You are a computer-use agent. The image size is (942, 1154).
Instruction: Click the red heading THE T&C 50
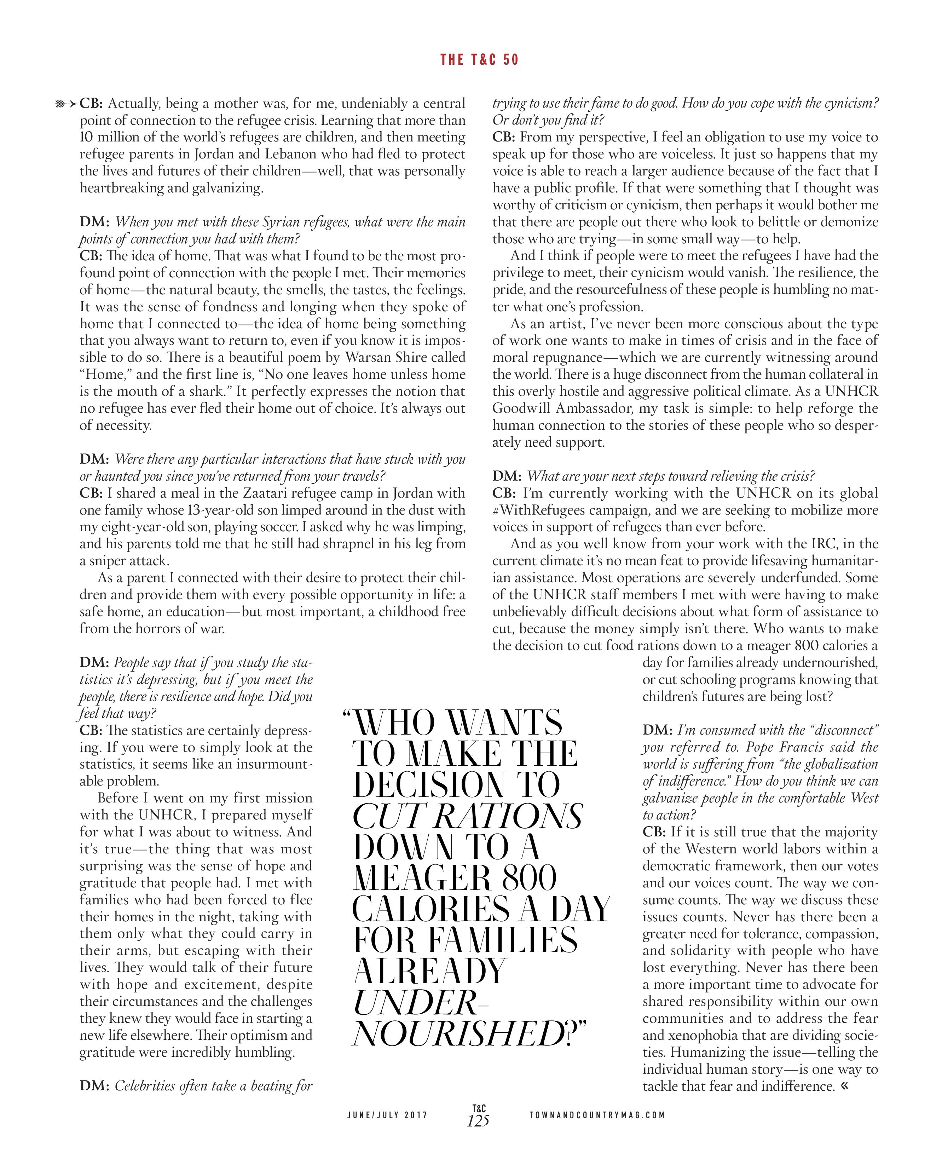point(479,60)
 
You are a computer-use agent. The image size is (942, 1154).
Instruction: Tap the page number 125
point(478,1120)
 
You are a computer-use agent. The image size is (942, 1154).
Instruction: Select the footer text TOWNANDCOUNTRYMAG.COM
point(597,1115)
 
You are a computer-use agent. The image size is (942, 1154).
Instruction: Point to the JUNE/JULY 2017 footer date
point(387,1115)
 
